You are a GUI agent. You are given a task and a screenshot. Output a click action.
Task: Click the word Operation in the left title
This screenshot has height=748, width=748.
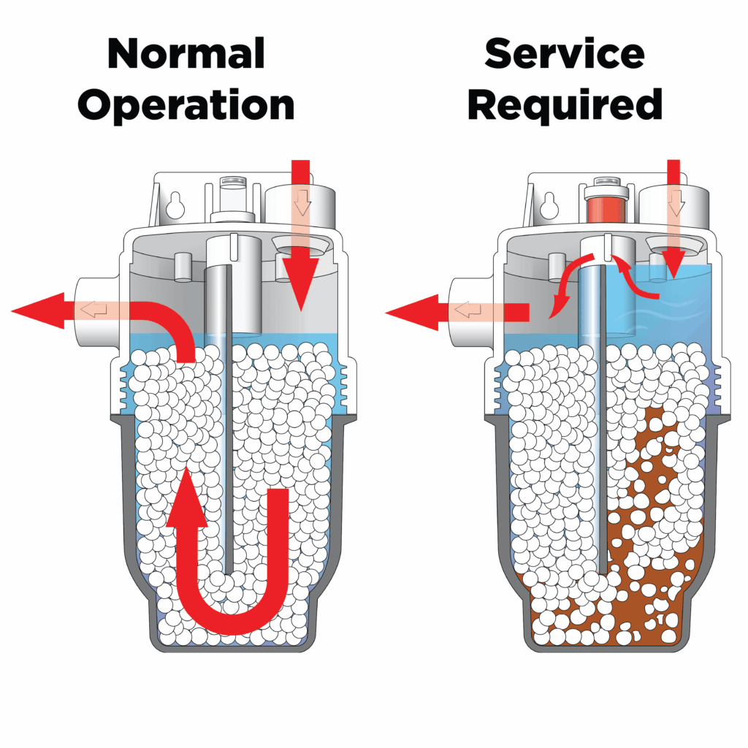click(186, 104)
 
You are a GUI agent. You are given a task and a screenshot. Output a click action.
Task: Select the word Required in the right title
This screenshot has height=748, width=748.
click(565, 104)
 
